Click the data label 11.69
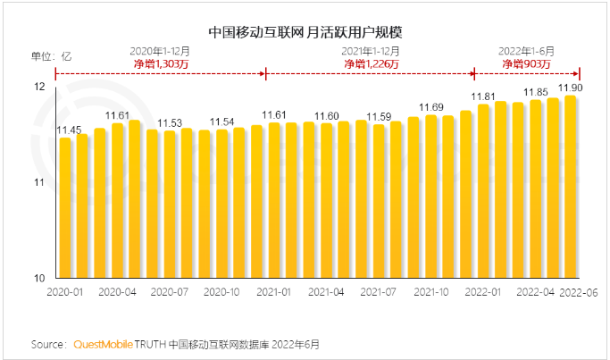click(x=431, y=107)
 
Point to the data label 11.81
click(x=483, y=96)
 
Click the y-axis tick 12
click(x=39, y=88)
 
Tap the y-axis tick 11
click(x=39, y=182)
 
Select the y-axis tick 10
click(x=39, y=278)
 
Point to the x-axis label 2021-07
click(x=379, y=292)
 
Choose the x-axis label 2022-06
click(x=576, y=292)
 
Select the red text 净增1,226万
click(x=370, y=63)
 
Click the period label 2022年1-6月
click(x=524, y=51)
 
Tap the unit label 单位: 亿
click(x=52, y=55)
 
